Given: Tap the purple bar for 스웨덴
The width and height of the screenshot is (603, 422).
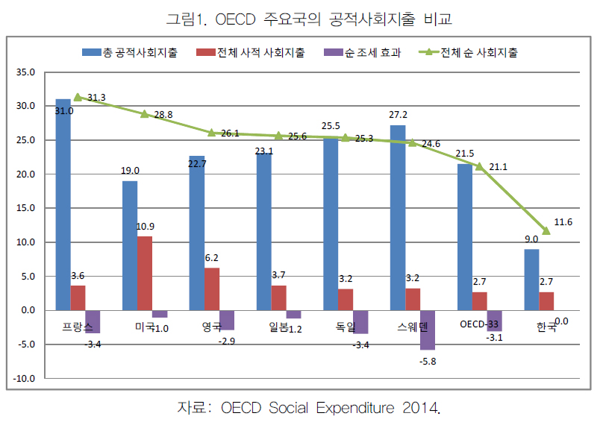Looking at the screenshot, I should click(428, 330).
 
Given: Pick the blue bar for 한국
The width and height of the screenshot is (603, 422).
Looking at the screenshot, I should click(531, 280).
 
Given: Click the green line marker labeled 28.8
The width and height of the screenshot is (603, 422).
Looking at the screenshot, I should click(145, 114).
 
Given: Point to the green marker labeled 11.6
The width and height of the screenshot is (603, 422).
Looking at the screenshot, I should click(546, 231).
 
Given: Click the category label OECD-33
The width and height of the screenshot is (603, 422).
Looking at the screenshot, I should click(478, 324).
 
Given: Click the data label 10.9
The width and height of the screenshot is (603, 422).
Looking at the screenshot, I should click(146, 227).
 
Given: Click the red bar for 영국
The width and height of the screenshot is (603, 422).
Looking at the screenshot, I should click(211, 289).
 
